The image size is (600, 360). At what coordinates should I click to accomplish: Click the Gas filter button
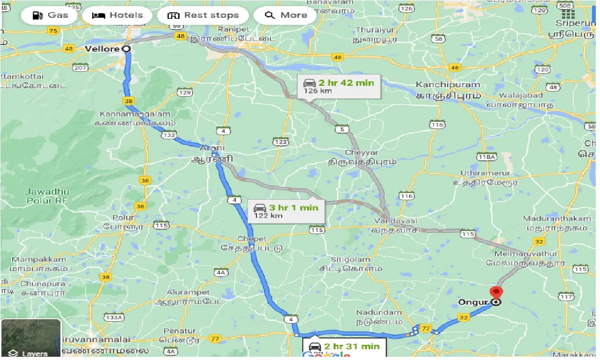50,15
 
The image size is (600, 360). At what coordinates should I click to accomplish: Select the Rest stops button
203,15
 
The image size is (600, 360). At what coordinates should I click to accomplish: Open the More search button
285,15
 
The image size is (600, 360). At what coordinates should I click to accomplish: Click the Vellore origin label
103,49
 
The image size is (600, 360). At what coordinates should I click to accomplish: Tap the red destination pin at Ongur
495,292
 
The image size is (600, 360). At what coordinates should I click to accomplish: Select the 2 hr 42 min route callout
338,86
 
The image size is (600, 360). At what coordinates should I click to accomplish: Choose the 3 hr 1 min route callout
286,210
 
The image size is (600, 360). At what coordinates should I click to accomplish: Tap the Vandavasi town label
395,221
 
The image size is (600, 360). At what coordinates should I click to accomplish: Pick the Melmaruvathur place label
528,254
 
